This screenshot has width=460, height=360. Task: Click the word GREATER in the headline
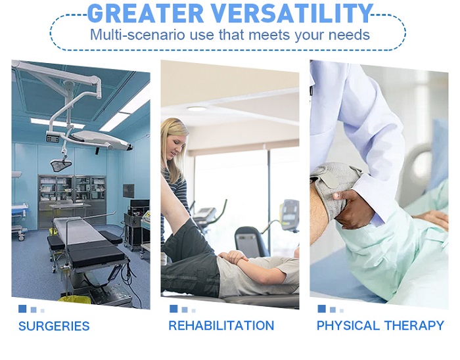click(x=145, y=13)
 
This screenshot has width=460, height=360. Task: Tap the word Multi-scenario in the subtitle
click(x=137, y=35)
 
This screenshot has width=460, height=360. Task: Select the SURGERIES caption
click(x=54, y=326)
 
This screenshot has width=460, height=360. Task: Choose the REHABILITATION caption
click(x=221, y=325)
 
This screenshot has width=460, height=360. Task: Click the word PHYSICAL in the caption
click(x=348, y=325)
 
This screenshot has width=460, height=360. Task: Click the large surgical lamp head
click(x=101, y=139)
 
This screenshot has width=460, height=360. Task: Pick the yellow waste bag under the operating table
click(x=74, y=300)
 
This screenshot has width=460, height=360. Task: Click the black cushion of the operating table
click(x=96, y=255)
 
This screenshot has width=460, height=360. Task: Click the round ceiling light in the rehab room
click(x=196, y=109)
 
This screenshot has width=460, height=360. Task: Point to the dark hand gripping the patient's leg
click(x=350, y=209)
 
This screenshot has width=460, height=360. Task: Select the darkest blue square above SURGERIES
click(x=22, y=309)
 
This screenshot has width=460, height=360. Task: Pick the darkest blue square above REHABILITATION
click(x=173, y=309)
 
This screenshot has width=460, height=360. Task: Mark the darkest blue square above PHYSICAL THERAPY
click(x=321, y=309)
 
